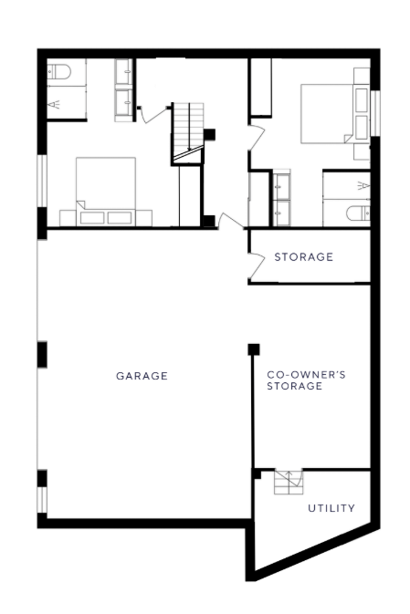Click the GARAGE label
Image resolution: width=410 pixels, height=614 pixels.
142,376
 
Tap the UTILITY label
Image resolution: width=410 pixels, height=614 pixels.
331,508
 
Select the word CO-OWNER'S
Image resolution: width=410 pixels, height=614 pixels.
306,375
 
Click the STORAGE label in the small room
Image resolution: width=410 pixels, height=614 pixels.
303,257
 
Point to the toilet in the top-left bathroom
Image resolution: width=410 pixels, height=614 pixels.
58,72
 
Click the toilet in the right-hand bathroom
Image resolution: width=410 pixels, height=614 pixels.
358,213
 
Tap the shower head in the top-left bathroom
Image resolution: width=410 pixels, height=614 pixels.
54,104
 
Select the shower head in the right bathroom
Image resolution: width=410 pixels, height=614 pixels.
363,185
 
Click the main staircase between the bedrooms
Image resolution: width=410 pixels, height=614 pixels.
188,133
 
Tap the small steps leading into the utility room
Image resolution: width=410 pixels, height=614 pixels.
289,482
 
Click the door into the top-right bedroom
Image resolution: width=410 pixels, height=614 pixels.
258,137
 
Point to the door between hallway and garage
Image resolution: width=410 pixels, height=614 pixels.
231,221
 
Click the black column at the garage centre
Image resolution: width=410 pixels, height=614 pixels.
254,349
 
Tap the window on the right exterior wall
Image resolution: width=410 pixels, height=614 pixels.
375,113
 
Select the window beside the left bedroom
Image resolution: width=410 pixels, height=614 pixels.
42,181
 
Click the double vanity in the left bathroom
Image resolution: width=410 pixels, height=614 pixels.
124,90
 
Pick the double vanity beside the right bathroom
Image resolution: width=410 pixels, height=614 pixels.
281,199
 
